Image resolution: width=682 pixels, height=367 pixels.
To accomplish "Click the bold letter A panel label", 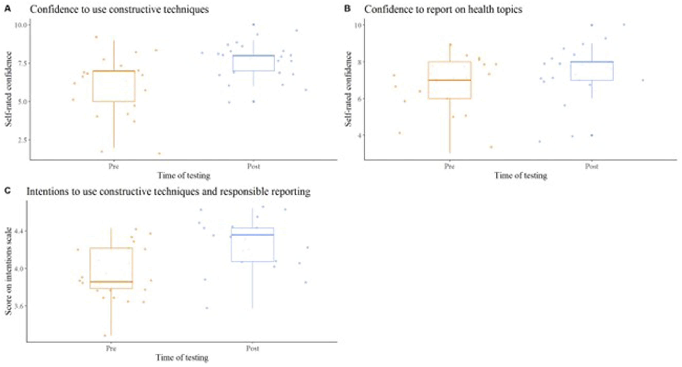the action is point(8,9).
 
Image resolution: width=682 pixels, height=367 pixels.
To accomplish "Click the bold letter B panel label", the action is point(347,9).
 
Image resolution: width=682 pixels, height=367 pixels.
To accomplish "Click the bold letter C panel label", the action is point(8,190).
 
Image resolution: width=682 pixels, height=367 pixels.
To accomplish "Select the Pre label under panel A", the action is point(113,166).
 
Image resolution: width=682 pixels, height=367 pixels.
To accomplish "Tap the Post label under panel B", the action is point(591,166).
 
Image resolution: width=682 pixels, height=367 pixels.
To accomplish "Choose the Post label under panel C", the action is point(252,348).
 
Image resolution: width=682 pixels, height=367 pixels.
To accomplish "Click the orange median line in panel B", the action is point(450,80).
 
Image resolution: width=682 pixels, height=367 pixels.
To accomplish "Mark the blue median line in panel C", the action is point(252,235).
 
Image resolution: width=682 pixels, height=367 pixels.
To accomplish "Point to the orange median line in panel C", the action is point(111,282).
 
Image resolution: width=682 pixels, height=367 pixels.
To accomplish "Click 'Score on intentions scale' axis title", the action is point(8,271).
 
